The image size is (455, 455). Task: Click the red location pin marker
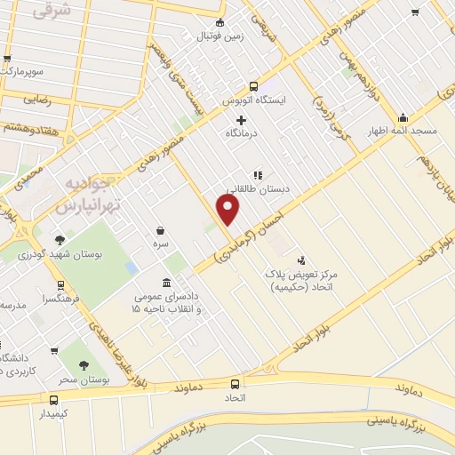click(228, 208)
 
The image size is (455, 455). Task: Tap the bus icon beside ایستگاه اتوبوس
click(254, 87)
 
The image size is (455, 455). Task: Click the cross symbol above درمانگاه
click(241, 120)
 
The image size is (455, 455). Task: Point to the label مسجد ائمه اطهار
click(404, 132)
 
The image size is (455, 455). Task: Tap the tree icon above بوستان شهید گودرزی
click(60, 240)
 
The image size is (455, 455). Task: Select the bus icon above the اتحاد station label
click(235, 384)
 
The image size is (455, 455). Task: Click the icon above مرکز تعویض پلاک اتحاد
click(302, 259)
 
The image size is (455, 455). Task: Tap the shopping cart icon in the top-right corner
click(415, 12)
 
